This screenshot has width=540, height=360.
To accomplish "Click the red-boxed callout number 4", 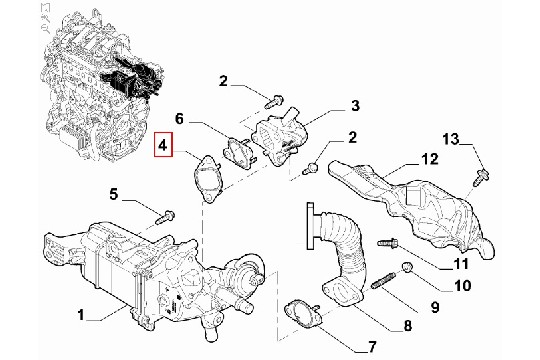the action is tap(163, 145).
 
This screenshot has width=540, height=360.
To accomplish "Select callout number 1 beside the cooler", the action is tap(81, 315).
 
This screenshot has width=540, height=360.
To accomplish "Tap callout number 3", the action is tap(355, 105).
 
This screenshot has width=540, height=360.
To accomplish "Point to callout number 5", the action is tap(114, 195).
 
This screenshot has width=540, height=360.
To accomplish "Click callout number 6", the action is tap(179, 119).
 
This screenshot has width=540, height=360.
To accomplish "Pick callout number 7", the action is tap(371, 347).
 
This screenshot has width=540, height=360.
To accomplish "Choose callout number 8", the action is tap(407, 326).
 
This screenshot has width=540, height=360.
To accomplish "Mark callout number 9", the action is tap(435, 307).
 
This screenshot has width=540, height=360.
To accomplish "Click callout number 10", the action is tap(462, 286).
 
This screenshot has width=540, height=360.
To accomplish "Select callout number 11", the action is tap(460, 264).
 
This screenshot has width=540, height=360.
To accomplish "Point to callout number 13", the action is tap(451, 139).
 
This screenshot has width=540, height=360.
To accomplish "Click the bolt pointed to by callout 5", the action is tap(164, 217).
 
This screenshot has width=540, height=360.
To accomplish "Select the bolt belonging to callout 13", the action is tap(481, 177).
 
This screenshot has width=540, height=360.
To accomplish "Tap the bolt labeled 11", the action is tap(388, 244).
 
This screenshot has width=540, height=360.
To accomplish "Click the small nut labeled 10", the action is tap(407, 267).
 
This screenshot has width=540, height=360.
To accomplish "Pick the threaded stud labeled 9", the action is tap(383, 280).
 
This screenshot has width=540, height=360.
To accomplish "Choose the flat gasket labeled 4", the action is tap(209, 178).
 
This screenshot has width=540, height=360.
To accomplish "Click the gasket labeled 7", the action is tap(303, 315).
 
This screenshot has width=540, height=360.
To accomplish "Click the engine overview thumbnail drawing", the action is tap(103, 84).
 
